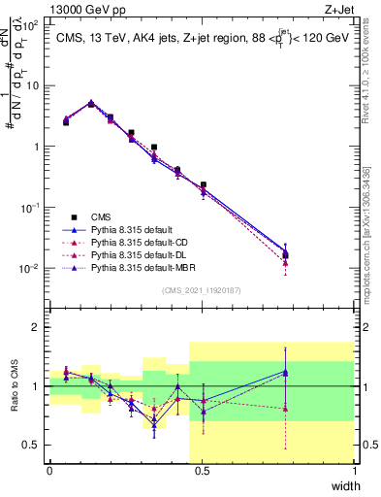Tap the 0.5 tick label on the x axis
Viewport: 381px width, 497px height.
pos(202,470)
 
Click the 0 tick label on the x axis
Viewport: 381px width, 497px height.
pos(49,470)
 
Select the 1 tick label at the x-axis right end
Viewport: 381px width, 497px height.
pos(354,470)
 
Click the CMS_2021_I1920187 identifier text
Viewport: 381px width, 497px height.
pos(202,290)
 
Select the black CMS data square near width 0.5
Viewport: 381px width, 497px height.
pos(203,184)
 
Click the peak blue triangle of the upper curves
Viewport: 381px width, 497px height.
pos(91,102)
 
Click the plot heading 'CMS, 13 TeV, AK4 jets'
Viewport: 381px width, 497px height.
pos(123,39)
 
